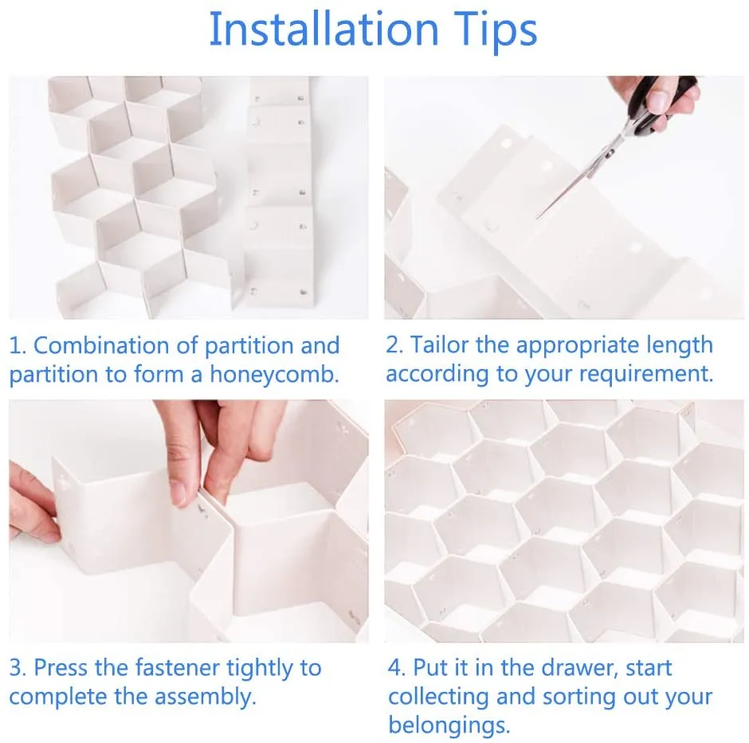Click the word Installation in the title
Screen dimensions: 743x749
[x=323, y=29]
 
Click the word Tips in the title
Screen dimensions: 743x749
[x=492, y=29]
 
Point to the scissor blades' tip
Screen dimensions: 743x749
[x=539, y=216]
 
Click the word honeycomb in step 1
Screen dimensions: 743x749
[x=274, y=375]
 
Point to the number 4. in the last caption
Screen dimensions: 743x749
[x=397, y=667]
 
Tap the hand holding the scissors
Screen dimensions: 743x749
[x=661, y=96]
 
